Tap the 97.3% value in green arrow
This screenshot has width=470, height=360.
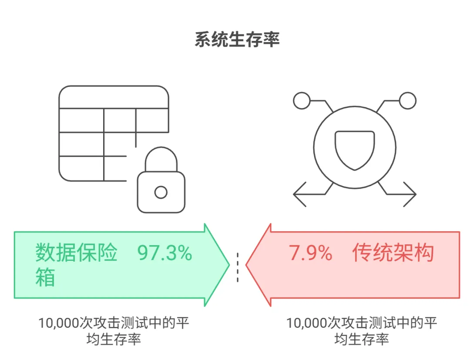coord(164,253)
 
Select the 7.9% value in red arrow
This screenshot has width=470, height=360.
coord(311,253)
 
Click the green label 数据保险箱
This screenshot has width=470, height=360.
coord(76,263)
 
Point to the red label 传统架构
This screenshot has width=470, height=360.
coord(393,253)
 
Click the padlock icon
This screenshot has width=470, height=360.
coord(161,185)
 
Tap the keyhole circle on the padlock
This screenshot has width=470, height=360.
coord(161,192)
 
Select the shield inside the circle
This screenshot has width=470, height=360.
coord(355,150)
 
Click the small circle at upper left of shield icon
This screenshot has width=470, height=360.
coord(301,101)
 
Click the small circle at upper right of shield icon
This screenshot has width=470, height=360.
coord(408,101)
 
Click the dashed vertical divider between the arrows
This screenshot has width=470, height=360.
coord(238,267)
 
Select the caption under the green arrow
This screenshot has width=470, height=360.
coord(114,331)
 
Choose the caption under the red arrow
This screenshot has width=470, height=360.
coord(361,331)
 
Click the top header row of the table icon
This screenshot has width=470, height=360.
coord(114,97)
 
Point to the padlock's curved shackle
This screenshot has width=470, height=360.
coord(161,159)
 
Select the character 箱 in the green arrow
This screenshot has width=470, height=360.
coord(45,277)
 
